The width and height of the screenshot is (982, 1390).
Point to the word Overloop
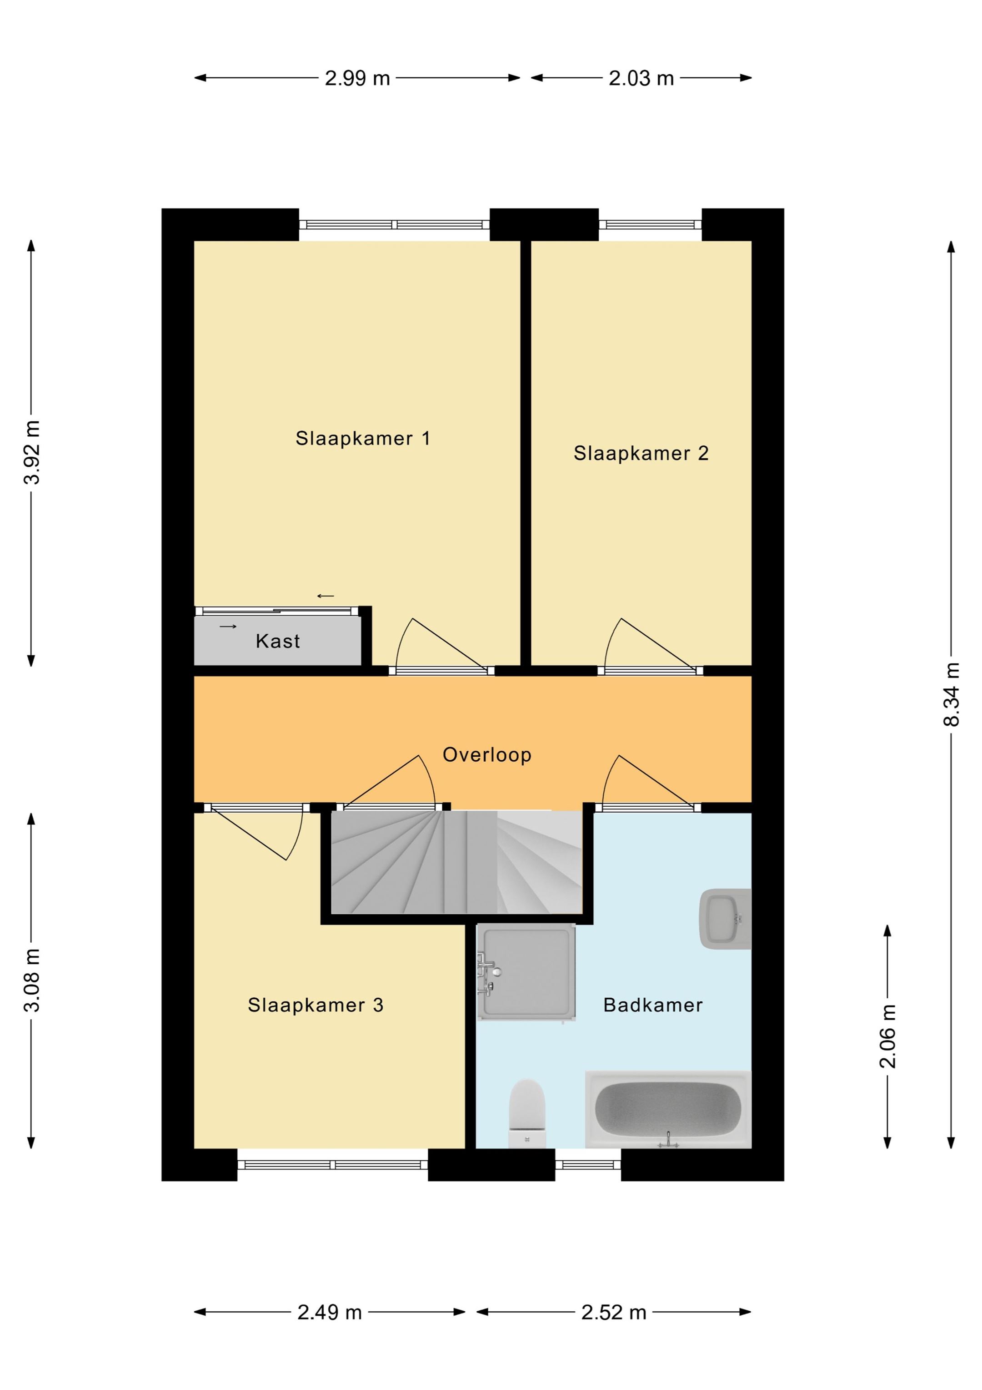point(487,755)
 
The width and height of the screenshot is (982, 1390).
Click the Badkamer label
point(653,1005)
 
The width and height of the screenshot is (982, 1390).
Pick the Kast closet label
point(278,641)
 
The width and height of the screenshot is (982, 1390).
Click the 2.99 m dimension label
point(358,78)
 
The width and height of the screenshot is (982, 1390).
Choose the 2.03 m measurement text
point(641,78)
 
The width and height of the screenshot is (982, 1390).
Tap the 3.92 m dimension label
point(31,452)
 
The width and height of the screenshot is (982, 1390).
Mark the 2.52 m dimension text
point(614,1313)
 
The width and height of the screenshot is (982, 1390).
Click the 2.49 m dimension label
point(330,1313)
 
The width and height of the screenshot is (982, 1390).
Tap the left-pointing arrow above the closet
point(326,596)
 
